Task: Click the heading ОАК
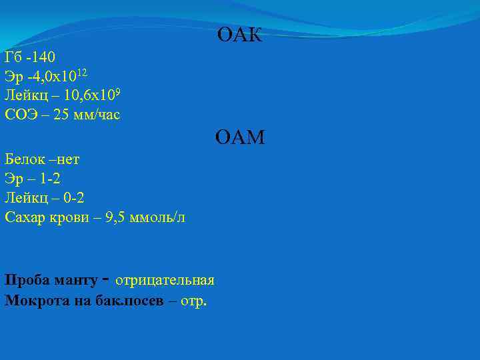coord(240,35)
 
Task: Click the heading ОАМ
coord(240,138)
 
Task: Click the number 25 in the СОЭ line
coord(61,115)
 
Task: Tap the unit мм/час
coord(97,115)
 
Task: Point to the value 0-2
coord(72,197)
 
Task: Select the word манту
coord(73,279)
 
